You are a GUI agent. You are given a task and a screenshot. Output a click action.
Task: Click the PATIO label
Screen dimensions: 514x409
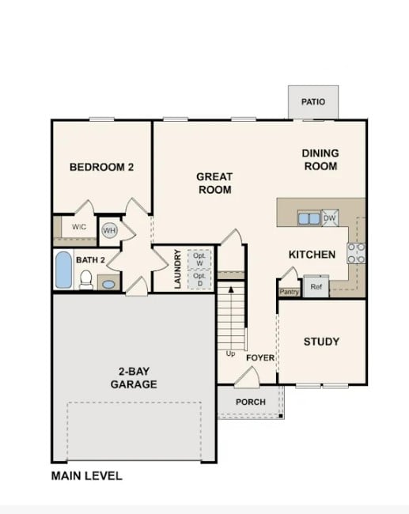tap(312, 102)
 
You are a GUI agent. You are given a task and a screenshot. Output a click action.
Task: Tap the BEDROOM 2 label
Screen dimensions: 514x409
tap(101, 167)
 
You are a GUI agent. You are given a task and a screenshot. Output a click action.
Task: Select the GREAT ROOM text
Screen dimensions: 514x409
tap(214, 183)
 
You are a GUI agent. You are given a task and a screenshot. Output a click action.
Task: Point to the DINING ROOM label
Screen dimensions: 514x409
tap(320, 160)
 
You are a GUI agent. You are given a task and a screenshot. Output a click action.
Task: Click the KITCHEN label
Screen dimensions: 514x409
tap(312, 255)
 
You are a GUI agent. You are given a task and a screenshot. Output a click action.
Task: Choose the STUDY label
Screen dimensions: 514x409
tap(321, 342)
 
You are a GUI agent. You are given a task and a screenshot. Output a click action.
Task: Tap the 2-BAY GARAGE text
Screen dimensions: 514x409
tap(133, 378)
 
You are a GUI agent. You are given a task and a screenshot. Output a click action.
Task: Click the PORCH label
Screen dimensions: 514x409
tap(251, 403)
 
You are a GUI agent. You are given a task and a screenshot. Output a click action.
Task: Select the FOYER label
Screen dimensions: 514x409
tap(260, 358)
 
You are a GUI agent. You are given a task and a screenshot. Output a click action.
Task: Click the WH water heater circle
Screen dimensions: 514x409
tap(109, 231)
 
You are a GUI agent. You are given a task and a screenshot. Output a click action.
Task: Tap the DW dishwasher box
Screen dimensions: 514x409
tap(330, 218)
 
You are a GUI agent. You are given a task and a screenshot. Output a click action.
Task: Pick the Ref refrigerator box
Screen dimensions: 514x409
tap(316, 286)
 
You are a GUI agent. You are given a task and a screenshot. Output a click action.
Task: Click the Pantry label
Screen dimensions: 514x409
tap(288, 292)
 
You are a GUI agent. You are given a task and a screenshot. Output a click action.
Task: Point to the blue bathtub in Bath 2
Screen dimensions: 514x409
tap(63, 270)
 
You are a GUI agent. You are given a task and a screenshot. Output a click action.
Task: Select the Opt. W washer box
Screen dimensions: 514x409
tap(199, 259)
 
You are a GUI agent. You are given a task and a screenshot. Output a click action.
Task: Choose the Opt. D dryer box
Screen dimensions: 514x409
tap(199, 279)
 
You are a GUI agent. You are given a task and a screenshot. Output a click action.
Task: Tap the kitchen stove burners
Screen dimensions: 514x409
tap(356, 252)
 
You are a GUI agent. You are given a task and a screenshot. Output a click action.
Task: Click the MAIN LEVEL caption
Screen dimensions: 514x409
tap(87, 476)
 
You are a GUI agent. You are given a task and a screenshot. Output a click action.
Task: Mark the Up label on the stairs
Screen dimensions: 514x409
tap(230, 353)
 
